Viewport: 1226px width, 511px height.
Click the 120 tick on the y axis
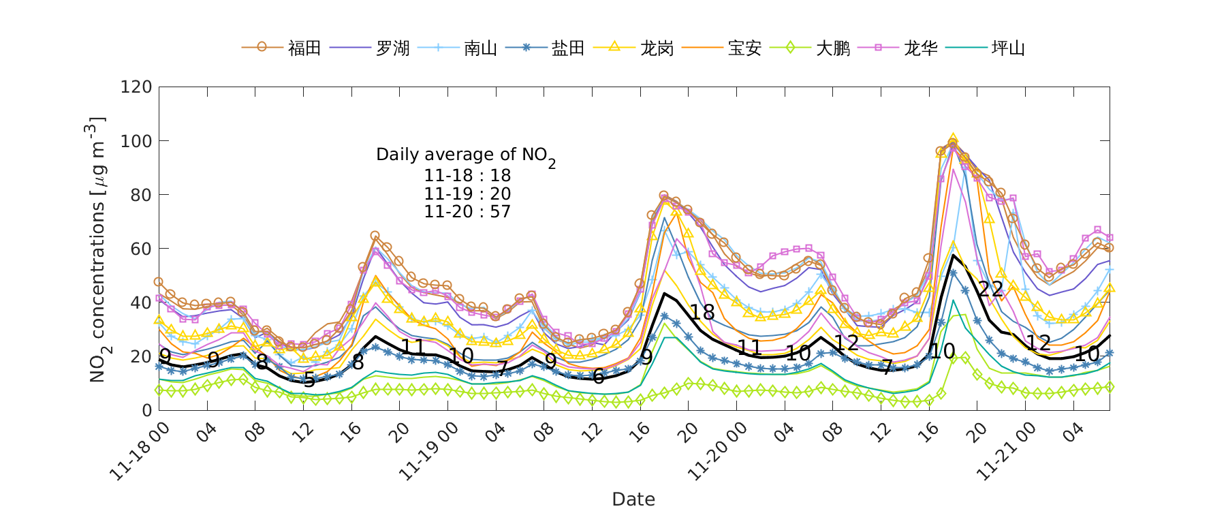click(136, 87)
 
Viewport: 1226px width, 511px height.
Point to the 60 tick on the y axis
click(140, 249)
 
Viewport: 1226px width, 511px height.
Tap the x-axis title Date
click(633, 499)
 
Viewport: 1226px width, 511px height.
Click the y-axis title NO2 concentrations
click(97, 249)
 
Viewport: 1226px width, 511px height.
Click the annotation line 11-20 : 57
click(467, 212)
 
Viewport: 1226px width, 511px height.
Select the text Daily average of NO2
click(466, 155)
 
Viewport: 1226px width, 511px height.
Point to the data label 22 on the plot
click(990, 290)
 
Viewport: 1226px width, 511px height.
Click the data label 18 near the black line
click(702, 313)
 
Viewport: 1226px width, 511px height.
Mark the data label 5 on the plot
click(309, 380)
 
